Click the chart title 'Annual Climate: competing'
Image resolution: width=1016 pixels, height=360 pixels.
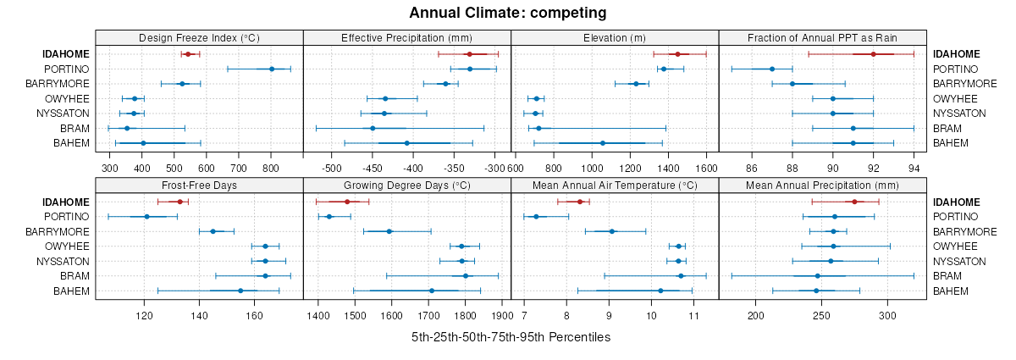coord(508,13)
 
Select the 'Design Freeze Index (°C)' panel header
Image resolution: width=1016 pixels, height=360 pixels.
coord(199,37)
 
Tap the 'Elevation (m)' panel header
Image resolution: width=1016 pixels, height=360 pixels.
coord(615,37)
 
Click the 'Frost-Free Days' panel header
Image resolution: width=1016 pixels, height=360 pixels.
coord(199,186)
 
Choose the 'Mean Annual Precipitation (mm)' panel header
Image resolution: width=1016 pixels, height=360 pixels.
coord(822,186)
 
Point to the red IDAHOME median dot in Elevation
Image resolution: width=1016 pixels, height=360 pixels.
coord(677,54)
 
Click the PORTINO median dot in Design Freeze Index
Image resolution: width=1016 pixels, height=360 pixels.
coord(272,69)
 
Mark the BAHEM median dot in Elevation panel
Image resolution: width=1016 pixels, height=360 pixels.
coord(603,143)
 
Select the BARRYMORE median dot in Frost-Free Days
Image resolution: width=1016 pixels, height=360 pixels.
coord(213,231)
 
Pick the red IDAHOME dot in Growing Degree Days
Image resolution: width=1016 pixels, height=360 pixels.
coord(347,202)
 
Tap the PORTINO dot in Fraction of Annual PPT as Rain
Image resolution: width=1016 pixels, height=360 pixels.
coord(772,69)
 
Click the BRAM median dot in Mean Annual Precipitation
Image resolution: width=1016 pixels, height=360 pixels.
coord(818,276)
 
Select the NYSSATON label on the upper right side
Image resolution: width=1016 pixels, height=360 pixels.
coord(960,114)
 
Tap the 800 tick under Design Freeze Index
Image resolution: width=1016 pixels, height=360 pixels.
coord(271,169)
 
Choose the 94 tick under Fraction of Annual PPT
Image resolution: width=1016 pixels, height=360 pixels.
coord(914,169)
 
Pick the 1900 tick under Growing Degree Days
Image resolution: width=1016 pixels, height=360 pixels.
coord(501,316)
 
